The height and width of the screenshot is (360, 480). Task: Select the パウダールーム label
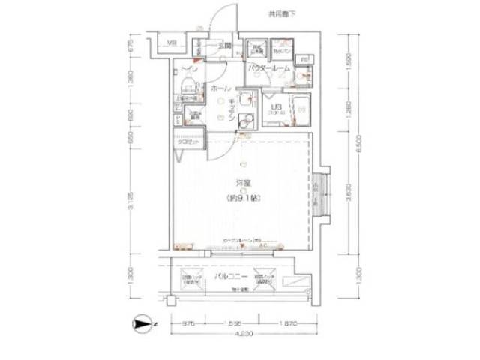[x=268, y=68]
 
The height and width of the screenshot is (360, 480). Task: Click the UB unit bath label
[x=276, y=107]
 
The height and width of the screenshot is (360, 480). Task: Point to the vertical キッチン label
[x=232, y=109]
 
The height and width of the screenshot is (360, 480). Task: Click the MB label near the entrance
[x=172, y=43]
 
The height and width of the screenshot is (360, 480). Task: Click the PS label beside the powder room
[x=305, y=58]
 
